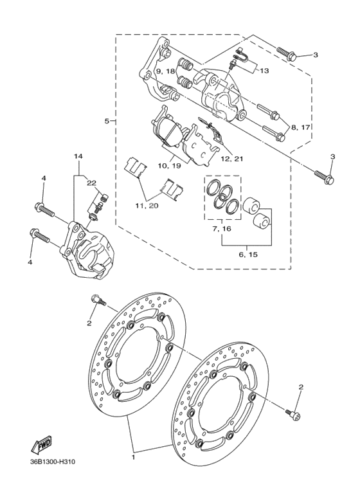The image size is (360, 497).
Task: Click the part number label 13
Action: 264,70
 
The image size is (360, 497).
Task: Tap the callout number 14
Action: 78,156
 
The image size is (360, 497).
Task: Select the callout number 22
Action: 91,183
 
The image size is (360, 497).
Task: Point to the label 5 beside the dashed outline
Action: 107,120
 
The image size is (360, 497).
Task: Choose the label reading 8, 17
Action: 300,127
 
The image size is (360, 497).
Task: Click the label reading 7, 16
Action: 222,228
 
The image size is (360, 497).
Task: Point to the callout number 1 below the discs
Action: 133,457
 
